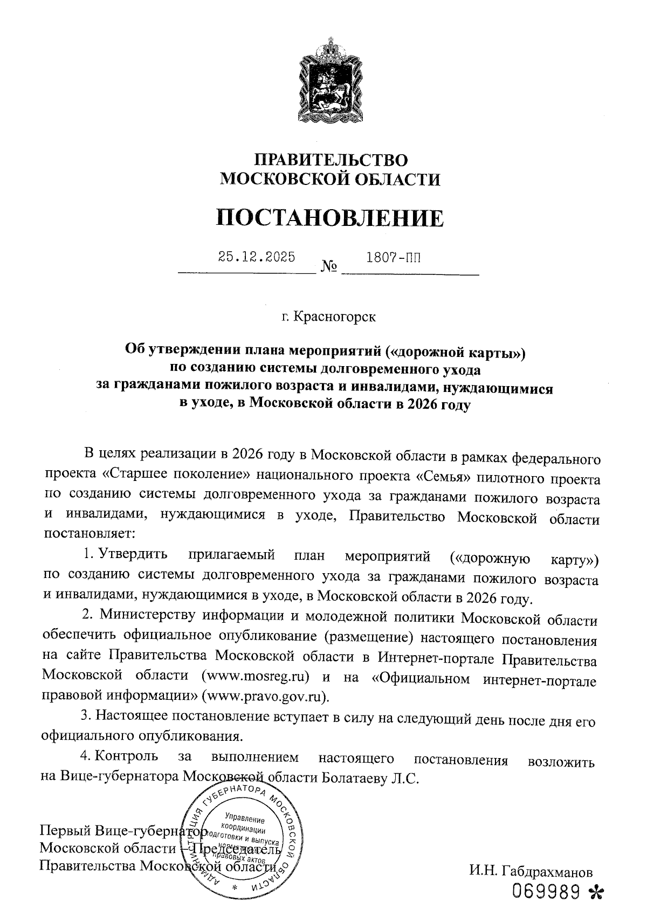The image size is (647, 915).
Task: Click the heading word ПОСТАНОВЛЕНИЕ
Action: [331, 218]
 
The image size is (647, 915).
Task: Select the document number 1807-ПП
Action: [393, 257]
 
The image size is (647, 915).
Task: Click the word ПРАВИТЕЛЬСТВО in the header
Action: [331, 160]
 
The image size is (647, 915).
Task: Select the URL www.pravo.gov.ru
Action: [265, 695]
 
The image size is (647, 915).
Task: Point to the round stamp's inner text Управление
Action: [243, 817]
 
